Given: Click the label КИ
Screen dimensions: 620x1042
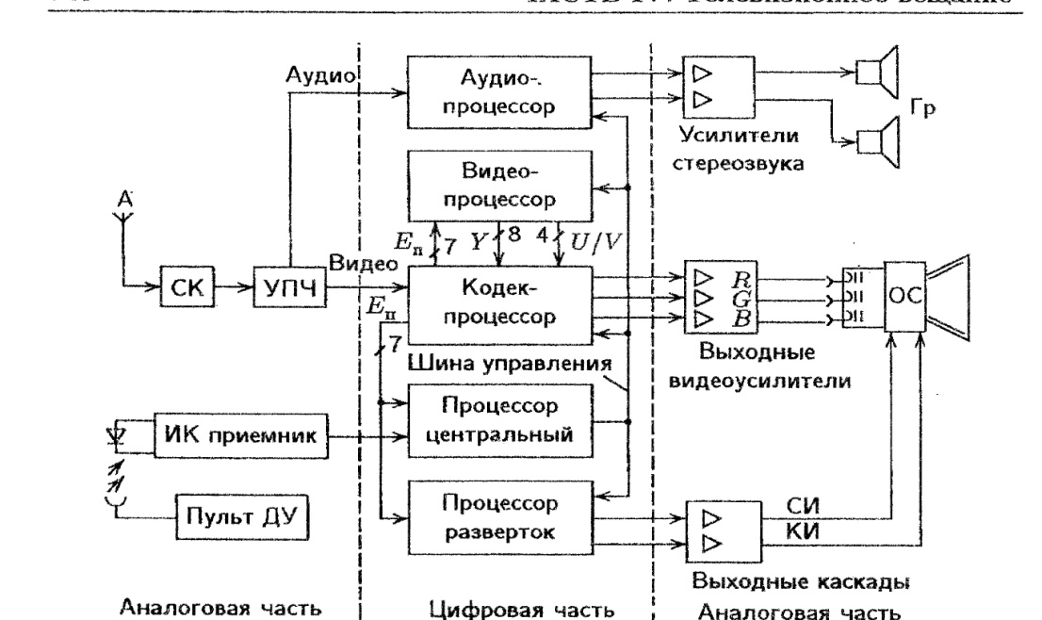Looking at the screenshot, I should tap(799, 532).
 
